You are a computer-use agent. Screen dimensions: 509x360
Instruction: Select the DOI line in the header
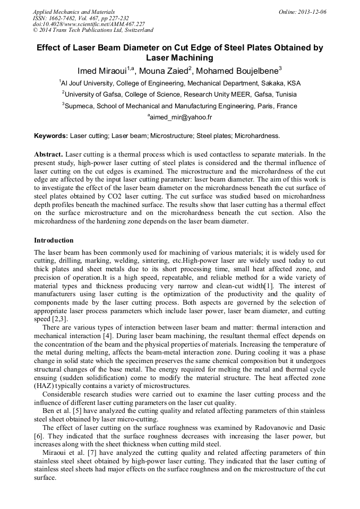click(x=89, y=24)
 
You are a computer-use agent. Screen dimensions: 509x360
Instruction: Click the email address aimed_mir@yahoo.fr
click(x=181, y=117)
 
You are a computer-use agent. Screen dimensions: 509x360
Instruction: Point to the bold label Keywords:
click(x=51, y=136)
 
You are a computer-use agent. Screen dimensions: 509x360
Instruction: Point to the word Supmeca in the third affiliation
click(x=80, y=106)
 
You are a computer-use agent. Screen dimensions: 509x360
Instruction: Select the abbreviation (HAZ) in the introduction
click(x=44, y=386)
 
